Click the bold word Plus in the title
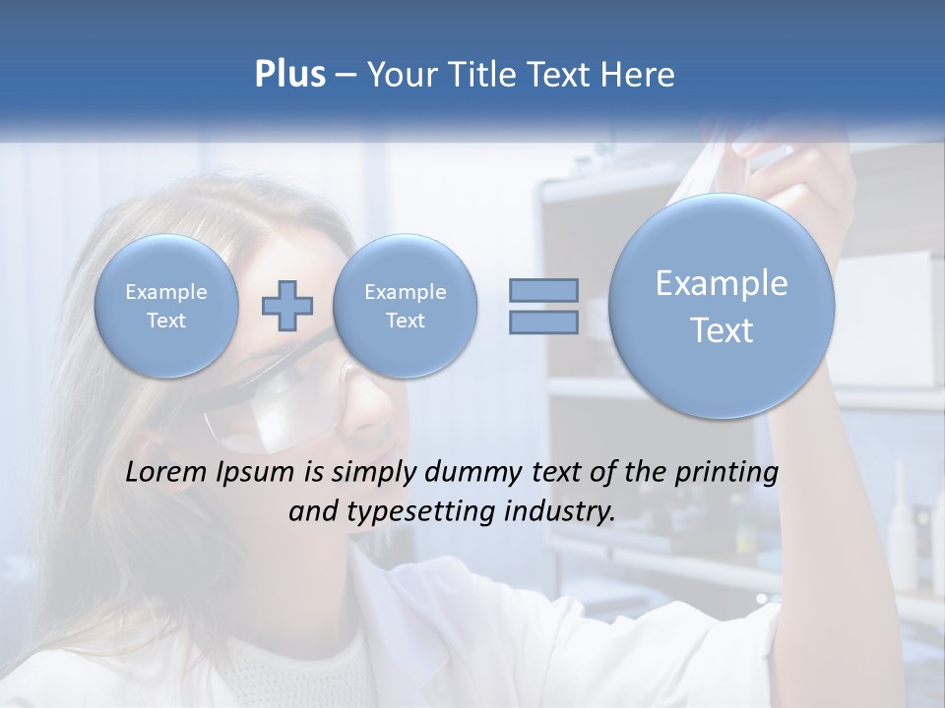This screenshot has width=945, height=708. pos(289,75)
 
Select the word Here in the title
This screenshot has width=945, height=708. pos(639,75)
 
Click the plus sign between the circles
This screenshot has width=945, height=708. pos(287,305)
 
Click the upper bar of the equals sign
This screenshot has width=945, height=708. pos(543,290)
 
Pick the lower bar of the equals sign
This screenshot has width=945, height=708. pos(543,323)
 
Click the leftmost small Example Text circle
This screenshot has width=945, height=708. pos(166,306)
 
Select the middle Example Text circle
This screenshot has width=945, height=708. pos(405,306)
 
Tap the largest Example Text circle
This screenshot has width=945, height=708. pos(722,306)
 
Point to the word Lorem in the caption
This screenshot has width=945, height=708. pos(167,472)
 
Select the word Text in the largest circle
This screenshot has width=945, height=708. pos(722,330)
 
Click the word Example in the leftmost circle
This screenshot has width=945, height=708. pos(166,292)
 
